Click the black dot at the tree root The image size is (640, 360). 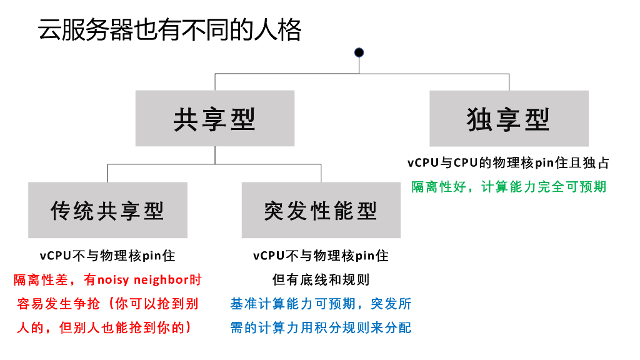tap(359, 52)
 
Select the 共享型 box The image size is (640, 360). tap(215, 119)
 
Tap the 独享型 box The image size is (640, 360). tap(509, 119)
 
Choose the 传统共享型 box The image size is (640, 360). tap(107, 211)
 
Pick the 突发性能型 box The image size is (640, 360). tap(321, 211)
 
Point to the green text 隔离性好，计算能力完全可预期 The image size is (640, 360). tap(509, 186)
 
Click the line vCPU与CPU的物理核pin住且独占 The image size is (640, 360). tap(509, 163)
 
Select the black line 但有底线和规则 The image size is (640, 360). tap(321, 279)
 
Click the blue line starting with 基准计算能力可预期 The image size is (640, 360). tap(321, 304)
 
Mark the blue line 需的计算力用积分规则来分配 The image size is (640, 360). tap(321, 327)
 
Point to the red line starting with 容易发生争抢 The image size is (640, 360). tap(107, 304)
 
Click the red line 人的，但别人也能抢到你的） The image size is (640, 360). tap(107, 327)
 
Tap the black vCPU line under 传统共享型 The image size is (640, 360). tap(107, 256)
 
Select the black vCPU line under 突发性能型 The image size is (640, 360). tap(321, 256)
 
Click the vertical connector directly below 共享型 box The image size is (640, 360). tap(215, 155)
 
